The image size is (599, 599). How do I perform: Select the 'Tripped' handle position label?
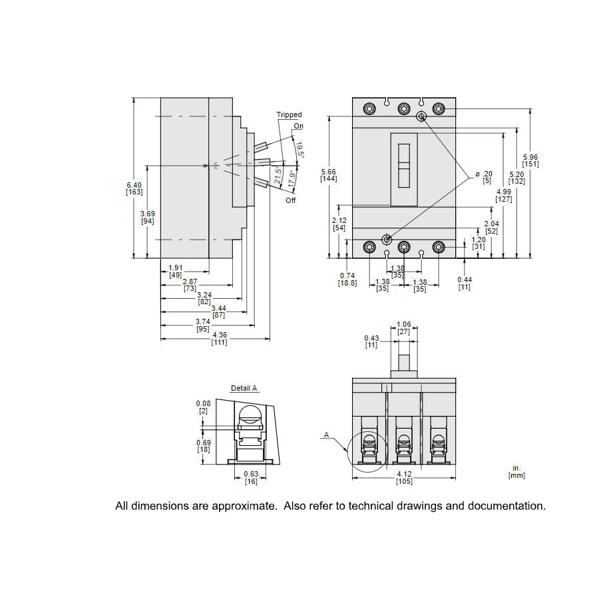(x=289, y=115)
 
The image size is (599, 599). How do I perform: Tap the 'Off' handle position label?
(x=291, y=200)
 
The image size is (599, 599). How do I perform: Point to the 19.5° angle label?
(x=299, y=149)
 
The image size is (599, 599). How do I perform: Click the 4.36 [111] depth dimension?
(x=219, y=338)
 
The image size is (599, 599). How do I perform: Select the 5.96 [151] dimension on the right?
(x=530, y=160)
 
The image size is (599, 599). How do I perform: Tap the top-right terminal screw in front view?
(x=438, y=108)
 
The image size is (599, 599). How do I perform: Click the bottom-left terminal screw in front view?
(x=369, y=248)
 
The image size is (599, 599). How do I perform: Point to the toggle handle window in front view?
(x=404, y=169)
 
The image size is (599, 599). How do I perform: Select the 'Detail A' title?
(x=244, y=388)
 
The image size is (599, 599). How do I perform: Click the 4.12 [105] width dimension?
(x=404, y=477)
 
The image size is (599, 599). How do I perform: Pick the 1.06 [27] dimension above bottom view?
(x=404, y=327)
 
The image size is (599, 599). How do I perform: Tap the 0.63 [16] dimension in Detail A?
(x=251, y=477)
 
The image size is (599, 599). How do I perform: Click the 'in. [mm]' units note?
(x=516, y=472)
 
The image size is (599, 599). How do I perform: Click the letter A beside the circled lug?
(x=326, y=435)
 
